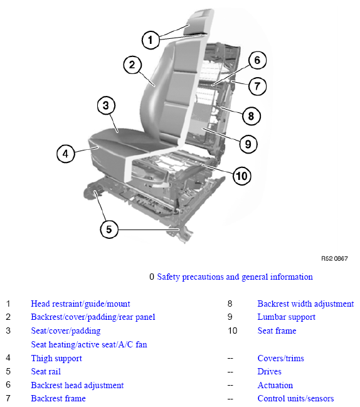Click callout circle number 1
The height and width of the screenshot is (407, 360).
pyautogui.click(x=151, y=40)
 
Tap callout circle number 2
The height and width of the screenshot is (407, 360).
pyautogui.click(x=132, y=65)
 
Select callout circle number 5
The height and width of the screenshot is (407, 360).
pyautogui.click(x=109, y=229)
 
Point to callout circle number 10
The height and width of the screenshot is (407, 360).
pyautogui.click(x=242, y=176)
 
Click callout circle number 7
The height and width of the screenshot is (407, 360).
pyautogui.click(x=257, y=86)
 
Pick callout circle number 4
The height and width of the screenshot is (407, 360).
pyautogui.click(x=66, y=154)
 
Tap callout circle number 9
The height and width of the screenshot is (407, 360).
pyautogui.click(x=248, y=144)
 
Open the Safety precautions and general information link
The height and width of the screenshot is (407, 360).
pyautogui.click(x=235, y=277)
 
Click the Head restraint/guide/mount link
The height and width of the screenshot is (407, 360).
pyautogui.click(x=80, y=304)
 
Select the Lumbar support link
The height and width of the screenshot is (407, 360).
pyautogui.click(x=286, y=317)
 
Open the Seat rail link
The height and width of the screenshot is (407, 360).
pyautogui.click(x=46, y=371)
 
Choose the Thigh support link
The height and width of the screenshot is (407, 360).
pyautogui.click(x=56, y=358)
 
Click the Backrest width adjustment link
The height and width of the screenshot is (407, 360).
pyautogui.click(x=305, y=304)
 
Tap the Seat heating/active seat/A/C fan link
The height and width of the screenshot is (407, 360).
pyautogui.click(x=89, y=344)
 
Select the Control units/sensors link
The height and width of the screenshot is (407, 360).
pyautogui.click(x=295, y=398)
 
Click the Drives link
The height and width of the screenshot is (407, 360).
pyautogui.click(x=270, y=371)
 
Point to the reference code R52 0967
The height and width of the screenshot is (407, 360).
pyautogui.click(x=334, y=258)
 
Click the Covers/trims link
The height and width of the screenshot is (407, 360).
pyautogui.click(x=280, y=358)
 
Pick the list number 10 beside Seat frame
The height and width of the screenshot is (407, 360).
pyautogui.click(x=233, y=330)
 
